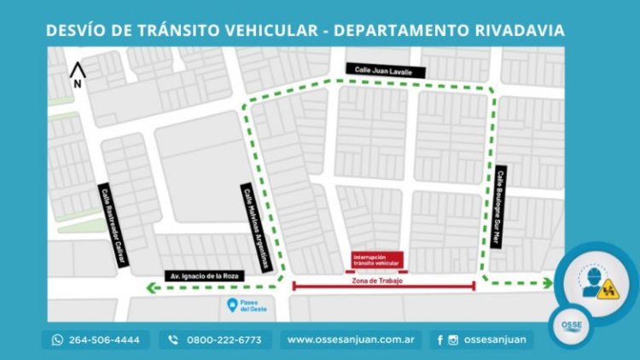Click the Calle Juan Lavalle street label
pyautogui.click(x=378, y=72)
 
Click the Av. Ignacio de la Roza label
pyautogui.click(x=203, y=276)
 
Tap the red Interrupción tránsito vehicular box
pyautogui.click(x=376, y=259)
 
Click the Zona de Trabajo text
pyautogui.click(x=376, y=281)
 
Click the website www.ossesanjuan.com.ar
pyautogui.click(x=351, y=340)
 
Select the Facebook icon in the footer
pyautogui.click(x=439, y=340)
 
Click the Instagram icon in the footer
pyautogui.click(x=452, y=340)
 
